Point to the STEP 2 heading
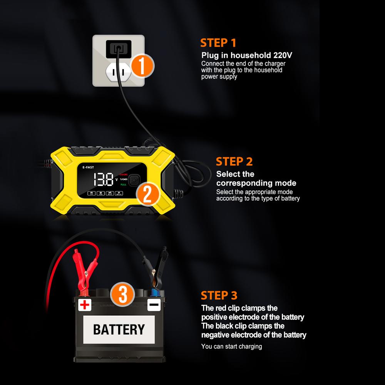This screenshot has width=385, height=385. click(x=234, y=161)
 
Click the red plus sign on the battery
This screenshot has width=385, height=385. click(x=84, y=305)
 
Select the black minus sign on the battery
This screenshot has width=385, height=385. click(x=153, y=305)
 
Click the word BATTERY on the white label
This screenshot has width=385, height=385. click(x=119, y=329)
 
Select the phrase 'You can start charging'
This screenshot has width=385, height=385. click(x=231, y=346)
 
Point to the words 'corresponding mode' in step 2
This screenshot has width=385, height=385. click(x=256, y=183)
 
